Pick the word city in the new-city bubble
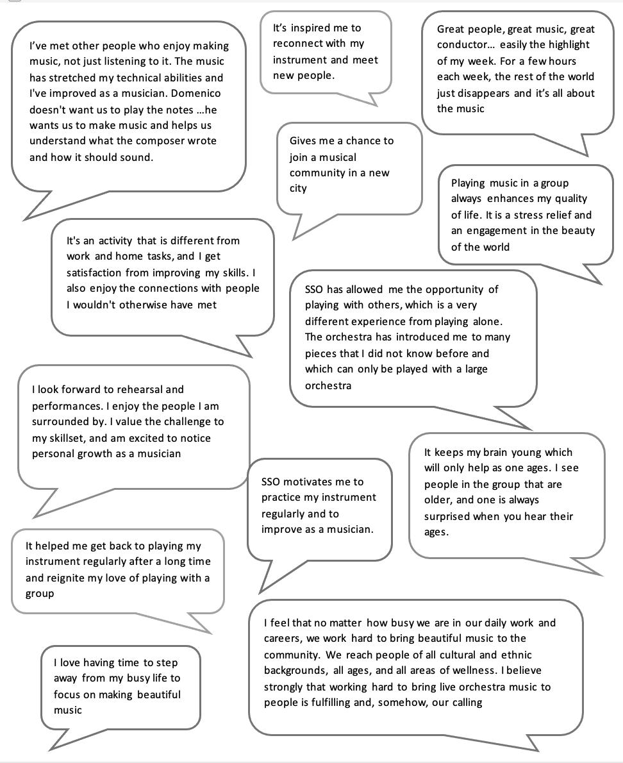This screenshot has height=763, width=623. coord(298,189)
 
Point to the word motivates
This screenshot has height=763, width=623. coord(312,482)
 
